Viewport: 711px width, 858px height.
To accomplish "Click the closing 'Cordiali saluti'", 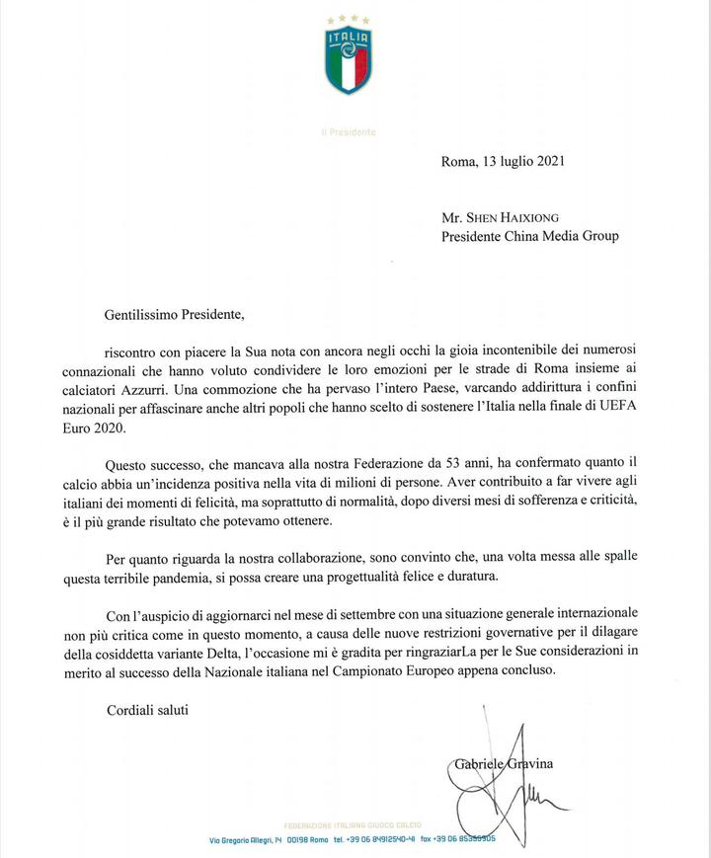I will [x=147, y=709].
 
